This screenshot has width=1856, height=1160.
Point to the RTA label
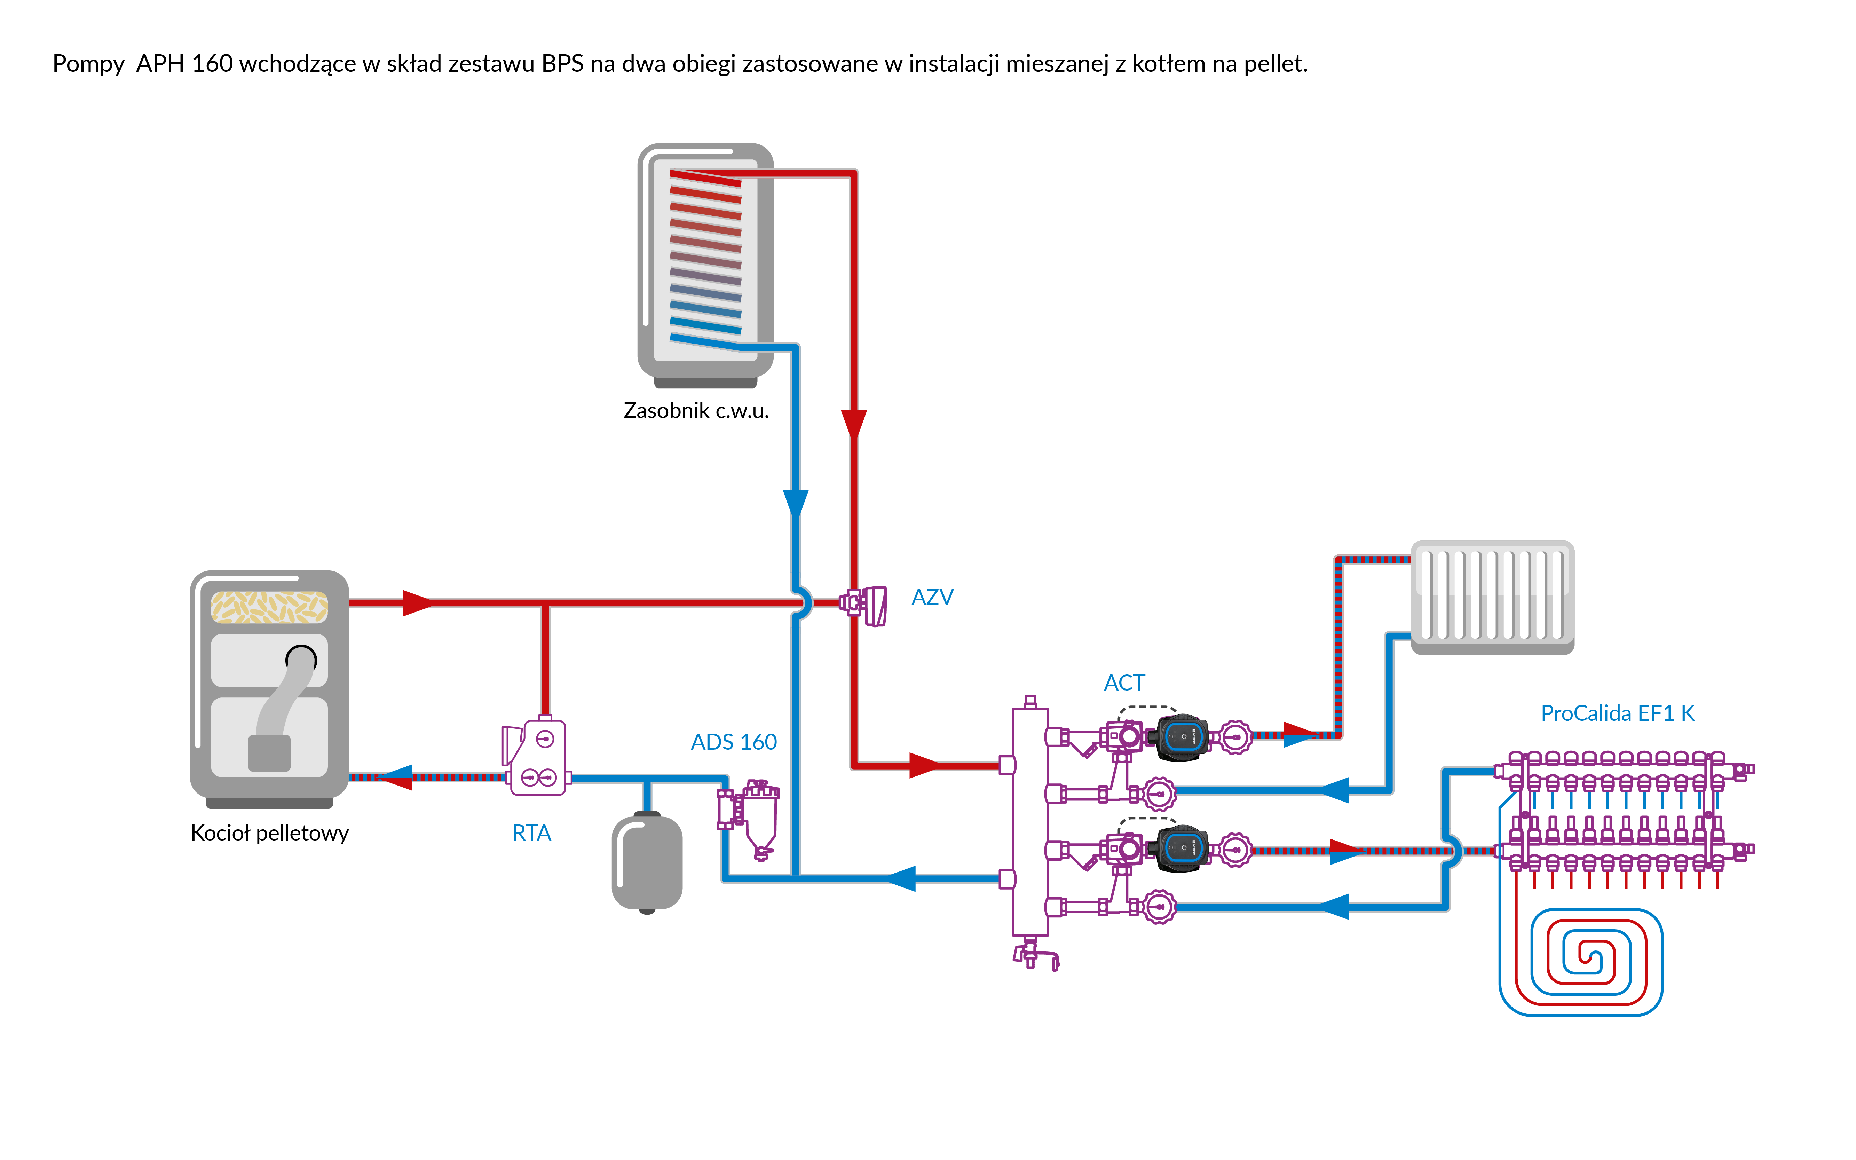(531, 833)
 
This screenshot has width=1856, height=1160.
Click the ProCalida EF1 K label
(1617, 713)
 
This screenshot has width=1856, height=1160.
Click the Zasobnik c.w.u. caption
(696, 410)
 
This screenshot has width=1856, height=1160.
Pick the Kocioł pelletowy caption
(269, 833)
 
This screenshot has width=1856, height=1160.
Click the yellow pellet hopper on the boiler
(269, 607)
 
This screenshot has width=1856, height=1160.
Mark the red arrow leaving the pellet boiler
(417, 603)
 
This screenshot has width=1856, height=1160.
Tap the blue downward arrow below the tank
(795, 504)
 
